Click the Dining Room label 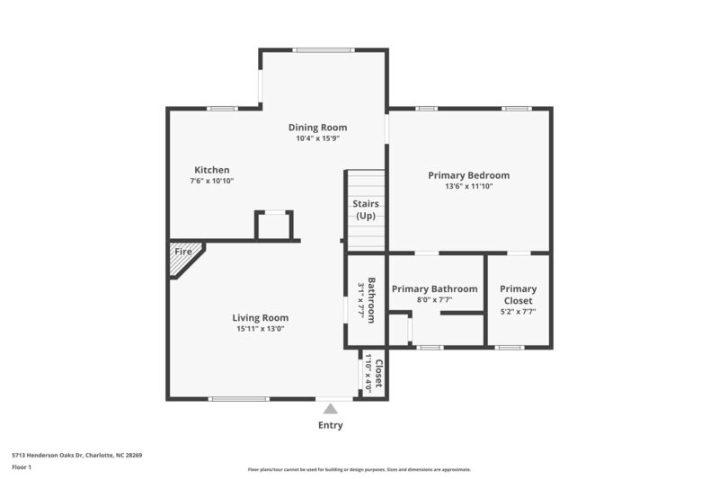(317, 128)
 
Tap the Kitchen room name (212, 170)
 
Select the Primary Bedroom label (468, 175)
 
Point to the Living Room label (261, 317)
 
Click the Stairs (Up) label (366, 210)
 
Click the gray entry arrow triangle (330, 409)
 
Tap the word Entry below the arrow (330, 425)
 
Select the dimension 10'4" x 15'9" (317, 139)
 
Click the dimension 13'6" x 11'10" (468, 187)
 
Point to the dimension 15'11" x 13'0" (261, 329)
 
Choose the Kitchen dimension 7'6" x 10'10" (212, 182)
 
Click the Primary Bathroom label (434, 288)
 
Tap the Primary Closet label (519, 295)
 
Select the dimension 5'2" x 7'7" (519, 312)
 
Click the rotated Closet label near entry (378, 372)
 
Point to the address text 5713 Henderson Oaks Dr (76, 455)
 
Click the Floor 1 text (22, 467)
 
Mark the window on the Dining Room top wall (323, 50)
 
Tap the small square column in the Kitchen (273, 226)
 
